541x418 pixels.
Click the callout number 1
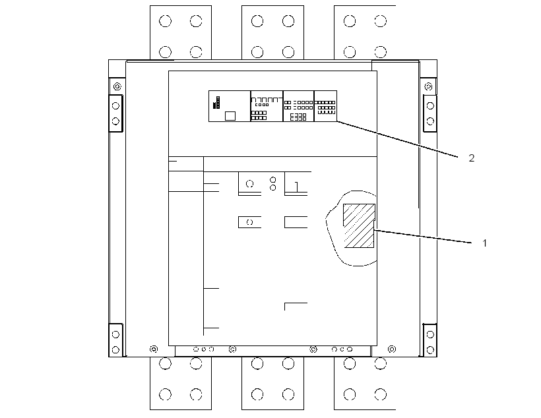pyautogui.click(x=484, y=243)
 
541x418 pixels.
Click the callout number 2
pyautogui.click(x=472, y=158)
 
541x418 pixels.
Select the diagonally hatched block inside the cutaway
pyautogui.click(x=359, y=225)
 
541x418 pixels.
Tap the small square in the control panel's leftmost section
pyautogui.click(x=230, y=116)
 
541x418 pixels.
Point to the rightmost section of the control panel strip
pyautogui.click(x=325, y=106)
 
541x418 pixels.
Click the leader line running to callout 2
pyautogui.click(x=397, y=139)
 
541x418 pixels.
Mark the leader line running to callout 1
pyautogui.click(x=423, y=237)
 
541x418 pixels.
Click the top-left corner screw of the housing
pyautogui.click(x=117, y=86)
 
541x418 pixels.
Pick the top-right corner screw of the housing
pyautogui.click(x=429, y=86)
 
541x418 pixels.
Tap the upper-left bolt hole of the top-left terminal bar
pyautogui.click(x=165, y=21)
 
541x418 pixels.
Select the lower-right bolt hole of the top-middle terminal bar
pyautogui.click(x=288, y=52)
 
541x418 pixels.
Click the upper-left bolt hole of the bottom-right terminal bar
pyautogui.click(x=350, y=363)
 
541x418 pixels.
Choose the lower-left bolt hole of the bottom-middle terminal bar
pyautogui.click(x=257, y=394)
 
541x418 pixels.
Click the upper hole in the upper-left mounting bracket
pyautogui.click(x=116, y=106)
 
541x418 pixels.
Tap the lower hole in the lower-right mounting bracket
pyautogui.click(x=430, y=350)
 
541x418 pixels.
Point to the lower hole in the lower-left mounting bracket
pyautogui.click(x=116, y=350)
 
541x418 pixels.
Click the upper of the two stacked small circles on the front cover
pyautogui.click(x=273, y=180)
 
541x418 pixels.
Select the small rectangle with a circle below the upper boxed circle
pyautogui.click(x=249, y=222)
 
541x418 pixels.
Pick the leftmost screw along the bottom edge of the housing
pyautogui.click(x=154, y=349)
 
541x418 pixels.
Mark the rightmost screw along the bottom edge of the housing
pyautogui.click(x=392, y=349)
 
